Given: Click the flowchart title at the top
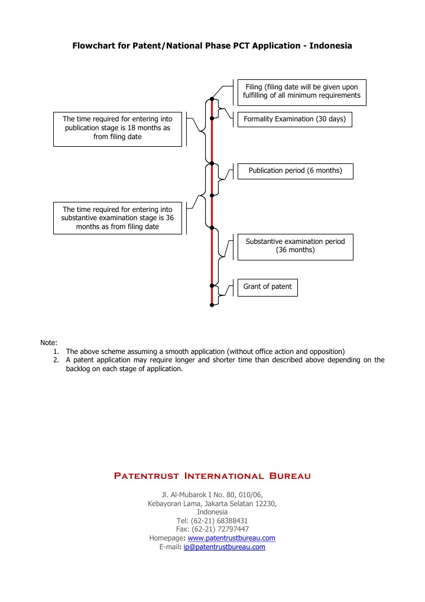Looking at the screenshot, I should click(x=212, y=46).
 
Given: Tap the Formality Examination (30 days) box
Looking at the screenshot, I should click(x=294, y=119).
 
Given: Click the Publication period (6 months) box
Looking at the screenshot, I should click(x=295, y=170).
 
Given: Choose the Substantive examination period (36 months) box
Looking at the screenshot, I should click(x=295, y=246).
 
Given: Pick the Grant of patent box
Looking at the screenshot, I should click(x=267, y=286).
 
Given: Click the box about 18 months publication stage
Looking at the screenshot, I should click(x=118, y=128).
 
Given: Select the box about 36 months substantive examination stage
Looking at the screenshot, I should click(x=118, y=218).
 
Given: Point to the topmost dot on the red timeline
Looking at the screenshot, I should click(x=212, y=99).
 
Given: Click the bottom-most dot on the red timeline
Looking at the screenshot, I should click(x=212, y=305).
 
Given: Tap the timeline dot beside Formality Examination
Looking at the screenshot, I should click(x=212, y=119).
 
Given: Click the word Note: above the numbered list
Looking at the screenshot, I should click(x=48, y=343).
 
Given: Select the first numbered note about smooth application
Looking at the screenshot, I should click(x=205, y=351).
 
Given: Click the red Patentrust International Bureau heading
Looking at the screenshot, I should click(x=212, y=476).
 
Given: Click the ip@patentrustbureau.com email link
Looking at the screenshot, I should click(x=224, y=547).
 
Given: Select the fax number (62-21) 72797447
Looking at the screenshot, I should click(x=220, y=529).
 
